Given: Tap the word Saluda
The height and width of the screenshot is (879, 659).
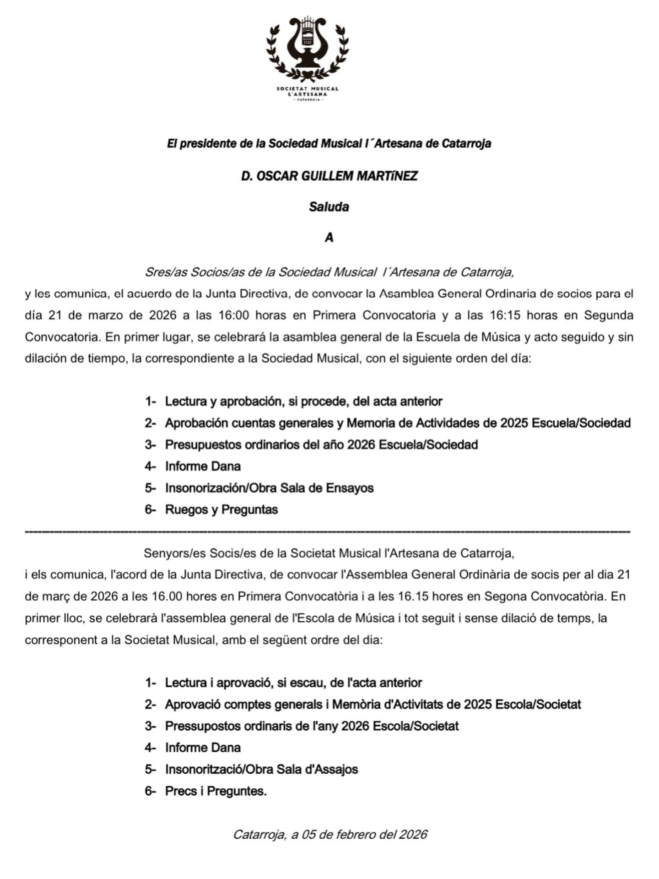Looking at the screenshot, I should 329,207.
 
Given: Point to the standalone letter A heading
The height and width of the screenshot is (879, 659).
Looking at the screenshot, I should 329,238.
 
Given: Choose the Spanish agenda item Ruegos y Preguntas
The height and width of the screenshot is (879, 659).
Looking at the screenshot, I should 221,510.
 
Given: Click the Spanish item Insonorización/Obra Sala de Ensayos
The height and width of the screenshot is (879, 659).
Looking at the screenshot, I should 269,488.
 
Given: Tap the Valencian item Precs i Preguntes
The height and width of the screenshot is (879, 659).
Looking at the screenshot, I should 216,791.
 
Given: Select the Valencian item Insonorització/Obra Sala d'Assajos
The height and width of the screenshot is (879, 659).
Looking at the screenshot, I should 261,770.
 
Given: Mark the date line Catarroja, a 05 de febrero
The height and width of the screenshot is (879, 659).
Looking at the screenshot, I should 329,835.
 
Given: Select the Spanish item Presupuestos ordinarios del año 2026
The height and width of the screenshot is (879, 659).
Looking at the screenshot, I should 321,445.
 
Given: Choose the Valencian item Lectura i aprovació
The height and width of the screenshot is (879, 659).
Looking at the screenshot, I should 293,683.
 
